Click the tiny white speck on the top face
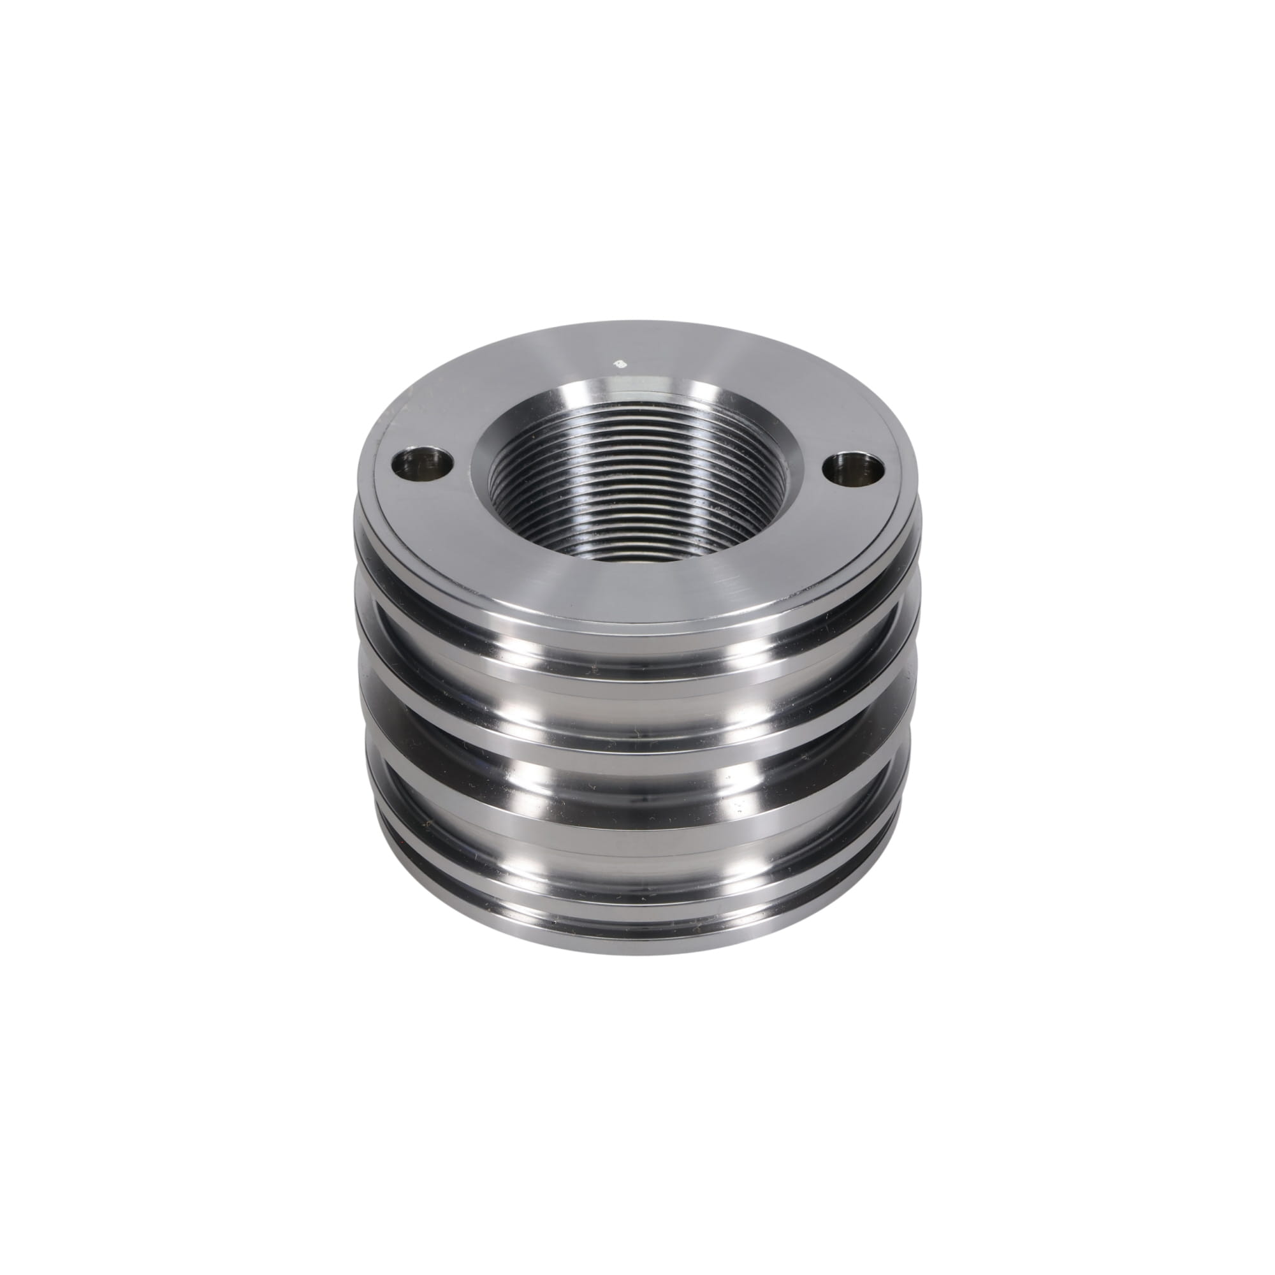pyautogui.click(x=619, y=362)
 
